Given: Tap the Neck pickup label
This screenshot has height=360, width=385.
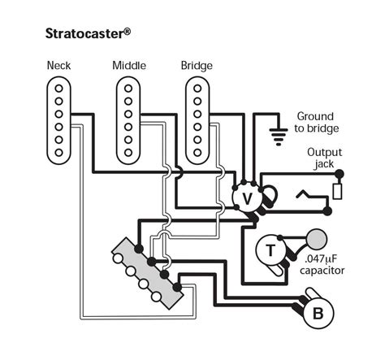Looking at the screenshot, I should pos(61,65).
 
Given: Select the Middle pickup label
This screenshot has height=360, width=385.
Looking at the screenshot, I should pos(129,65).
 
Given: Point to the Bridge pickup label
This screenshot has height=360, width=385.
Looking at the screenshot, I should pos(197,65).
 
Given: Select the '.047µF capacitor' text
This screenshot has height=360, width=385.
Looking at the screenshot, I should pos(320,263).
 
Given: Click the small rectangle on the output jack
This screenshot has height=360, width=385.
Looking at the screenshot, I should pos(338,192).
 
